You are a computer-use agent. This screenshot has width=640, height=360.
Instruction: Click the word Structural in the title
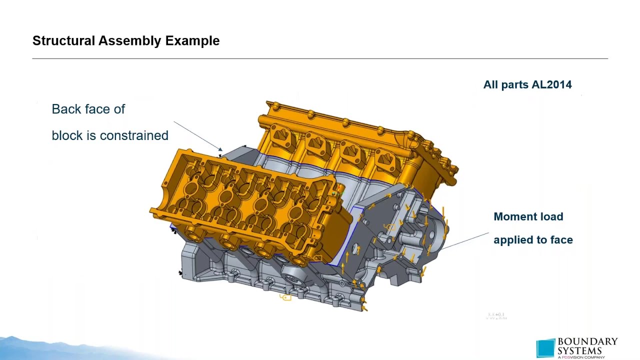point(63,41)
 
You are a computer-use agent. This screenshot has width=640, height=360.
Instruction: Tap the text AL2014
point(551,84)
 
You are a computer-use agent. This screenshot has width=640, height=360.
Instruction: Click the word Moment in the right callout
point(514,216)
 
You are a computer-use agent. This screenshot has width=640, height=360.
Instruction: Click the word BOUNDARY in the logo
point(587,342)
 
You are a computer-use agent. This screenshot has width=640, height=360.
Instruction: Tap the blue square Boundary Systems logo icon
point(545,348)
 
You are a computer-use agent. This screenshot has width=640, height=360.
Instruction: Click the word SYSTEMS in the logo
point(579,350)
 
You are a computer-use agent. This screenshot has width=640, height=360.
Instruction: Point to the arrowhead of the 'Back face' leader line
point(220,149)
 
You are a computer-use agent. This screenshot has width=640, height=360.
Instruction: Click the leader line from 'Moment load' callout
point(465,240)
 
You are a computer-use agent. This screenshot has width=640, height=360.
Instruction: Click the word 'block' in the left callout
point(66,135)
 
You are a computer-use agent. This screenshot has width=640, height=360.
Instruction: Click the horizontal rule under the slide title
point(320,58)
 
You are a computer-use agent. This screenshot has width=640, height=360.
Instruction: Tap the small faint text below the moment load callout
point(496,316)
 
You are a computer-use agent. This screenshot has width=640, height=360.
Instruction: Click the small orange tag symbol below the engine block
point(286,297)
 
